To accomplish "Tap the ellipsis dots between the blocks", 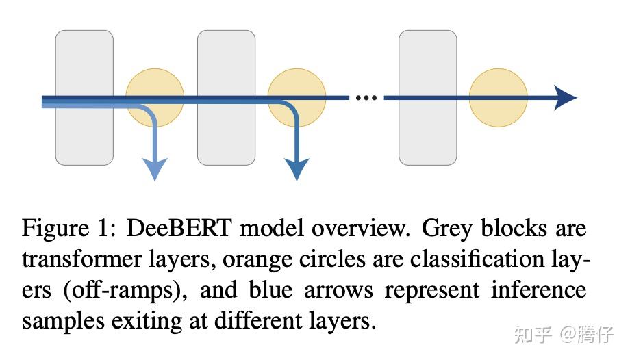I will (x=366, y=98).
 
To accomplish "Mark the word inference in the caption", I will (x=538, y=290).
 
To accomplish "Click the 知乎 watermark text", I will (x=532, y=335).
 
